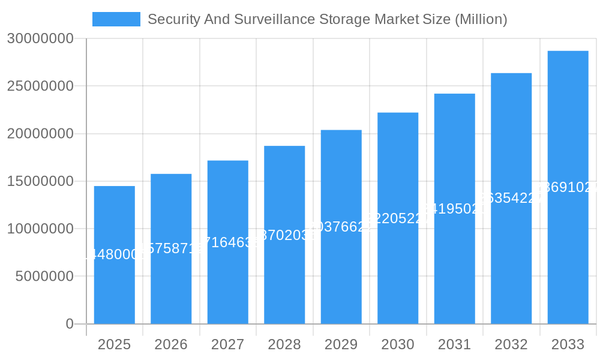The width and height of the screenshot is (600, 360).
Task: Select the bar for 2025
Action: (x=114, y=282)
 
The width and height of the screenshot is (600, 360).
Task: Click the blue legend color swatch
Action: (x=116, y=19)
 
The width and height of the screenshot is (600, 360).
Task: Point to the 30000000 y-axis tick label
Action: (x=40, y=38)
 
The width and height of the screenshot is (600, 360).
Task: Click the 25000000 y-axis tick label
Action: (x=40, y=86)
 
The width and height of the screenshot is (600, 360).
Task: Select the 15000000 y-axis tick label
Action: (x=40, y=181)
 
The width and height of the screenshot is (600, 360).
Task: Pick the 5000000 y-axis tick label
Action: (x=44, y=277)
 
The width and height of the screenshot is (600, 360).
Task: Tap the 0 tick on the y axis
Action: (x=70, y=324)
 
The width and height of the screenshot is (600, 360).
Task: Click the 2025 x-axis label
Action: (x=114, y=344)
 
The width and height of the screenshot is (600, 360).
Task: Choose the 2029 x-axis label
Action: (x=341, y=344)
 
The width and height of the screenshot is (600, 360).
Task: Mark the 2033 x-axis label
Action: (x=568, y=344)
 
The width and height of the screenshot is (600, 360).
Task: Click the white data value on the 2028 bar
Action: (x=284, y=235)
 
